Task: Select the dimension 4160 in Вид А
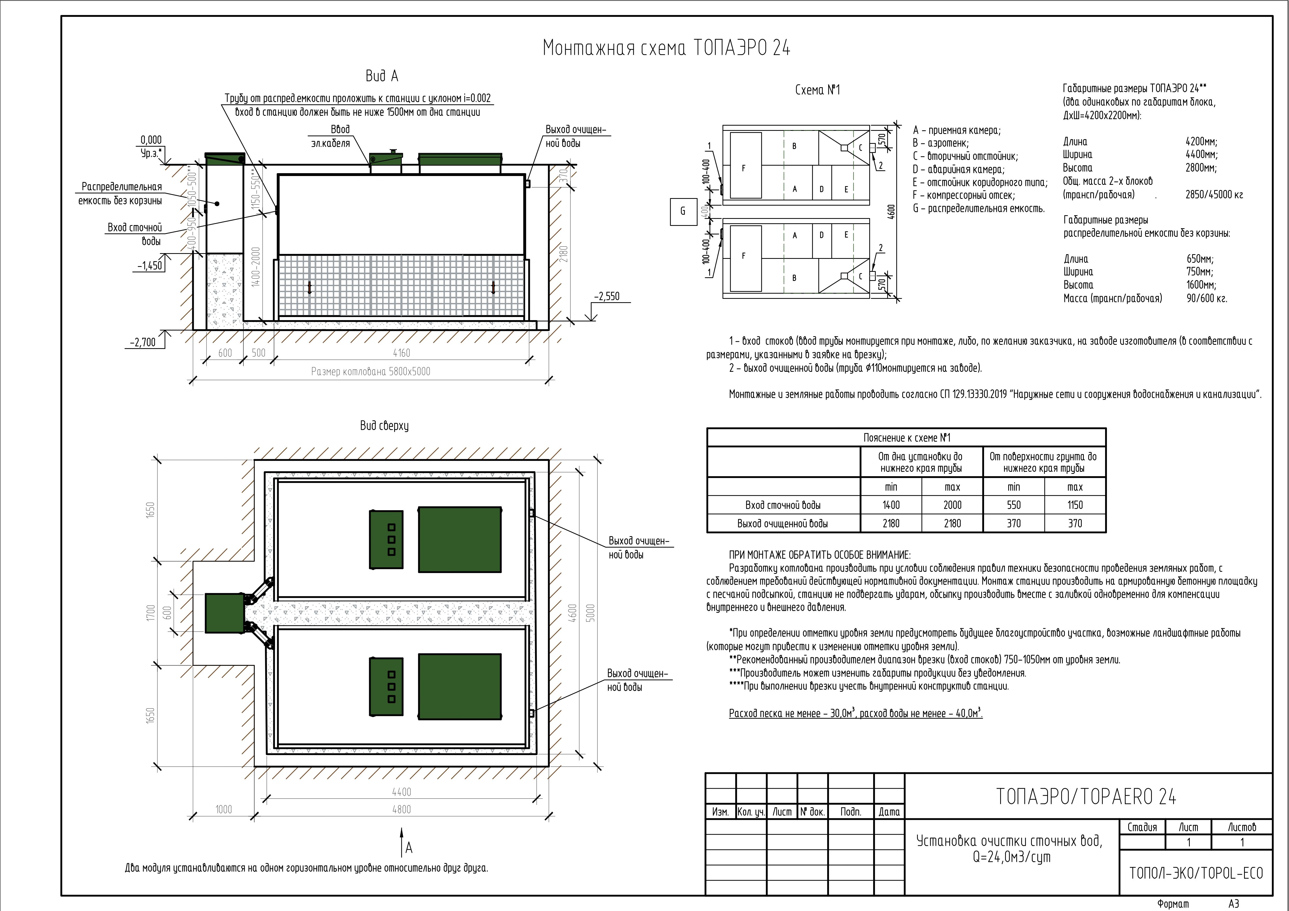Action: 402,353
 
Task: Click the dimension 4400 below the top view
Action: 402,792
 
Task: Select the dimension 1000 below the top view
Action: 223,809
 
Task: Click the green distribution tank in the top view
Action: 225,613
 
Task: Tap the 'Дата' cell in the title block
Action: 889,812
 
